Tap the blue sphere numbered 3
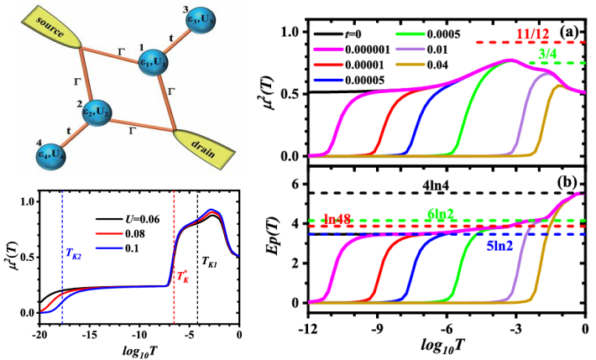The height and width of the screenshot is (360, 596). click(179, 23)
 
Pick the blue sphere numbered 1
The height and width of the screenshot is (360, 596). click(153, 64)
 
